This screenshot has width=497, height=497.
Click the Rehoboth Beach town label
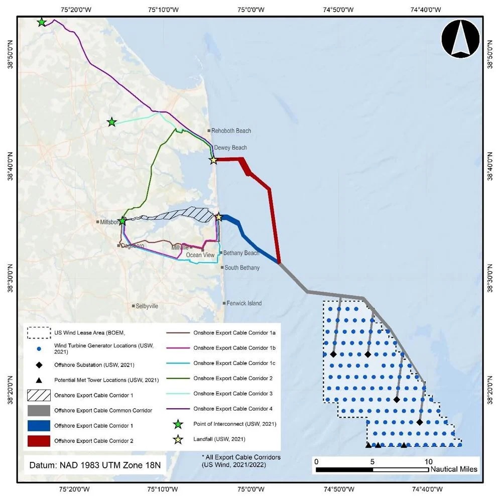coord(231,131)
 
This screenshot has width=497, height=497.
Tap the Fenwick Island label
coord(243,303)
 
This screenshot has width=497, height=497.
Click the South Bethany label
coord(242,268)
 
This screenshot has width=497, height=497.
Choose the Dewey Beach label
coord(230,148)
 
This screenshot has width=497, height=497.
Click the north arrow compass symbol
coord(460,39)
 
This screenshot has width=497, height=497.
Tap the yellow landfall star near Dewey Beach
coord(213,160)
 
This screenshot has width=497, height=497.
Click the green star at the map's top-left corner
coord(42,22)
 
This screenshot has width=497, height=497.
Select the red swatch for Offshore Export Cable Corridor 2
coord(38,441)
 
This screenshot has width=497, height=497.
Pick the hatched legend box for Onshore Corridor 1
coord(38,395)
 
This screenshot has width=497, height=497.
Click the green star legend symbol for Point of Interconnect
coord(177,425)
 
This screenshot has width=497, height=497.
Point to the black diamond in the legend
coord(38,364)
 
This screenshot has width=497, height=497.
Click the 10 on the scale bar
coord(428,461)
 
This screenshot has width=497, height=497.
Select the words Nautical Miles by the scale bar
coord(454,469)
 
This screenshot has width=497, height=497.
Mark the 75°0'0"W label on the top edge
coord(251,10)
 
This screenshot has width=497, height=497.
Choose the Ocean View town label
coord(200,255)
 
